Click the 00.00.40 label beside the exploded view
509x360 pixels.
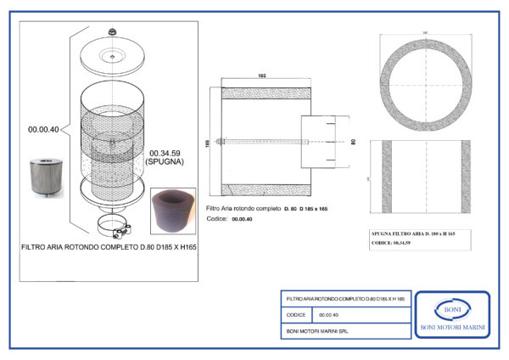(43, 129)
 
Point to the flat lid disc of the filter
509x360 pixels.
(112, 57)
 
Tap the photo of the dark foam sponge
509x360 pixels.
(171, 209)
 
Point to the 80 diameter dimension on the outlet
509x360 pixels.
(350, 142)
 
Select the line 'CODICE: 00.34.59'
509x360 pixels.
(392, 243)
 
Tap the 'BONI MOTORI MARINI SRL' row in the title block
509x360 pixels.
(314, 330)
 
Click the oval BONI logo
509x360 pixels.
(451, 310)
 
